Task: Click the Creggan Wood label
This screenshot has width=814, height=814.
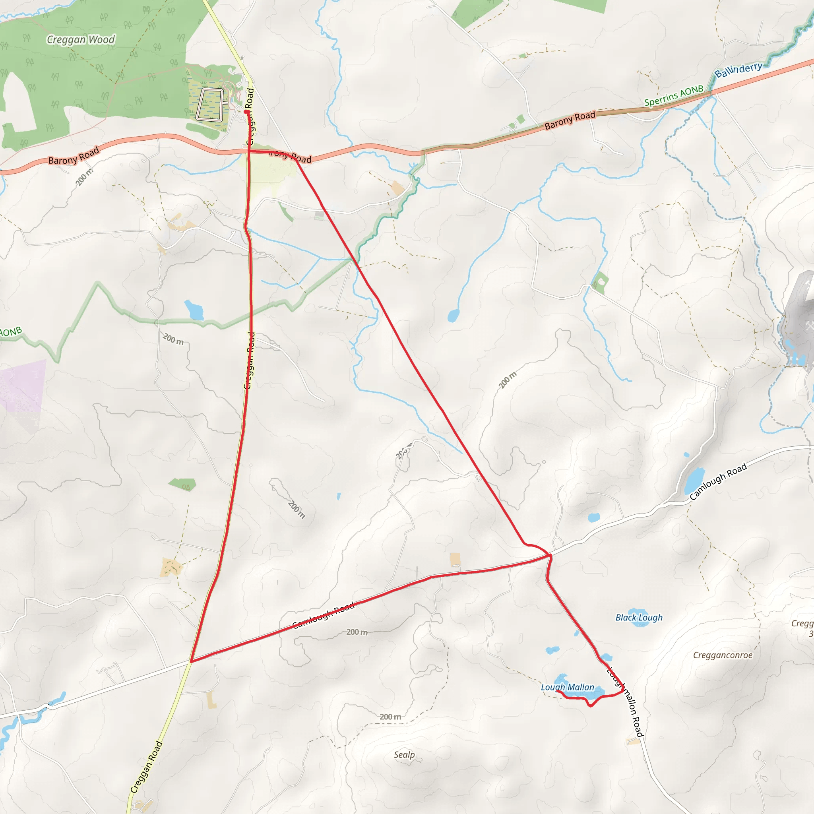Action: pyautogui.click(x=80, y=40)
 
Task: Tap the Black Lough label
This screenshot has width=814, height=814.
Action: pyautogui.click(x=639, y=618)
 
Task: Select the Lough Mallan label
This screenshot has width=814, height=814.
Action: pyautogui.click(x=568, y=687)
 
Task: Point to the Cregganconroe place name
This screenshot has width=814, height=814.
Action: pyautogui.click(x=723, y=655)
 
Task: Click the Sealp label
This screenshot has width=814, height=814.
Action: pyautogui.click(x=404, y=755)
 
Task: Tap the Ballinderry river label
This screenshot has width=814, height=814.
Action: pyautogui.click(x=738, y=70)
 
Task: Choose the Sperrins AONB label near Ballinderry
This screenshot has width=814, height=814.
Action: pyautogui.click(x=674, y=96)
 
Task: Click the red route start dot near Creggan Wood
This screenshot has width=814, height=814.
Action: pyautogui.click(x=246, y=112)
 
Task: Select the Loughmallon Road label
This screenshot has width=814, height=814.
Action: pyautogui.click(x=625, y=702)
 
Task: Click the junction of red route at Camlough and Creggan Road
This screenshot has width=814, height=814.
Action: pyautogui.click(x=191, y=661)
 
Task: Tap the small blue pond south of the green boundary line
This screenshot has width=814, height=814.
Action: pyautogui.click(x=194, y=310)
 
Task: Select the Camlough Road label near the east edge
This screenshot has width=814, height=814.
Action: pyautogui.click(x=718, y=482)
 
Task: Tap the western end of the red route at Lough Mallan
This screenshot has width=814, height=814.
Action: pyautogui.click(x=557, y=691)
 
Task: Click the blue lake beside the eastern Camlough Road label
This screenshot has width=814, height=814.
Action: pyautogui.click(x=694, y=480)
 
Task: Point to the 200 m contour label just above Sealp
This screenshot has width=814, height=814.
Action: pyautogui.click(x=390, y=717)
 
